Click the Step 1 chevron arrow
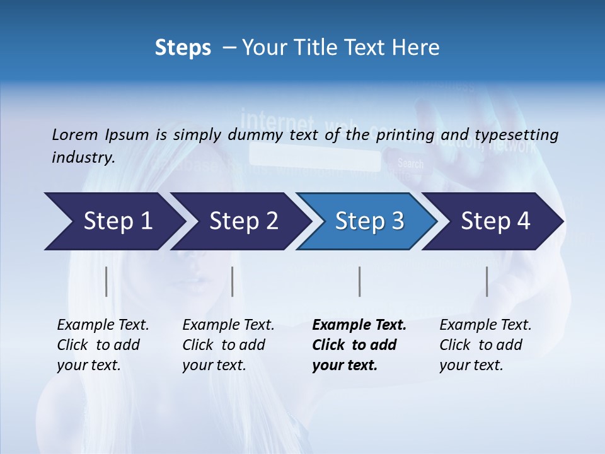coord(113,221)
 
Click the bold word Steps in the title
coord(183,48)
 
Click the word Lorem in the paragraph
coord(74,134)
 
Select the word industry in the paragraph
coord(82,157)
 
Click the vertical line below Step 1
coord(107,281)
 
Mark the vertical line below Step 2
coord(233,281)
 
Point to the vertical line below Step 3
coord(359,281)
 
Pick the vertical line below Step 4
coord(487,281)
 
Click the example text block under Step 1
coord(102,345)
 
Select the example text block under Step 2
coord(228,345)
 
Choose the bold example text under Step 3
coord(359,345)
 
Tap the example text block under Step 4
coord(485,345)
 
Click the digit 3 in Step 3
coord(397,221)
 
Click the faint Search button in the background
coord(411,164)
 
